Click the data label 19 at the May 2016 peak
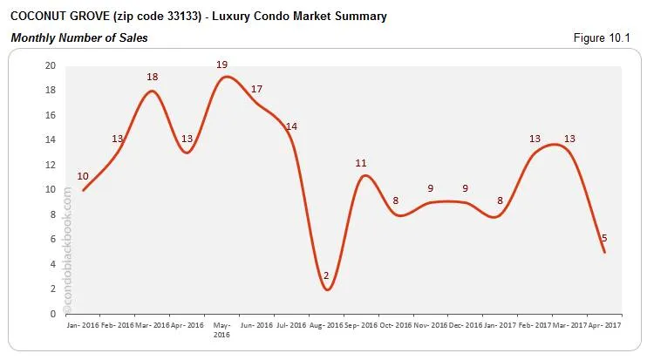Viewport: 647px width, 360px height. [222, 65]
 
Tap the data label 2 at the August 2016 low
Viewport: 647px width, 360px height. [326, 276]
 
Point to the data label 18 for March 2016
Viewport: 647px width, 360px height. [153, 77]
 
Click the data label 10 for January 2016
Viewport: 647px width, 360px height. [84, 177]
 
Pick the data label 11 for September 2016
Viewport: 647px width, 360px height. [362, 163]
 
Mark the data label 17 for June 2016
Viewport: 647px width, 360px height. [256, 89]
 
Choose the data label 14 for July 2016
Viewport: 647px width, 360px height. [291, 126]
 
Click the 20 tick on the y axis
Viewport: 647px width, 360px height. [50, 65]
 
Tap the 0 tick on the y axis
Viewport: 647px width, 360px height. [52, 314]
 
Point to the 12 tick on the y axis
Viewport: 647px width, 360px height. [50, 165]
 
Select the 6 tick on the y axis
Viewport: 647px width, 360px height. [52, 239]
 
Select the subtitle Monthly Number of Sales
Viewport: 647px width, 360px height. [79, 38]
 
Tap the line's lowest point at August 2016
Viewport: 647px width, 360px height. [327, 289]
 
